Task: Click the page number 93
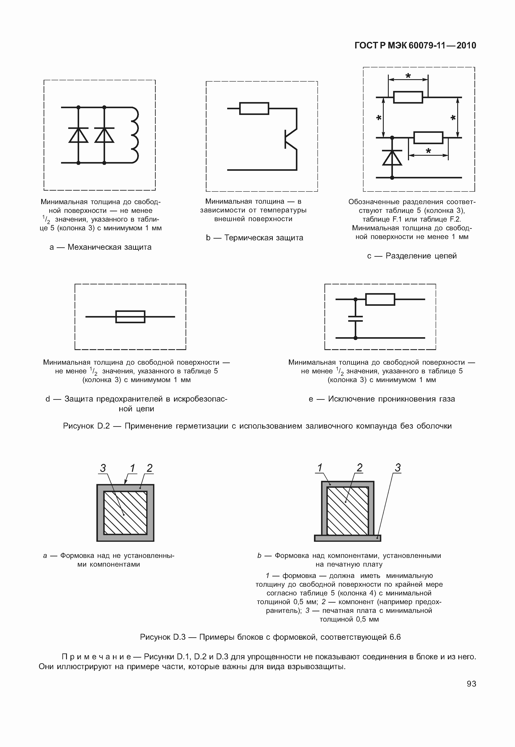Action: (471, 684)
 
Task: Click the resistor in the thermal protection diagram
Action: (254, 108)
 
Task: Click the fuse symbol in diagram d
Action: (130, 317)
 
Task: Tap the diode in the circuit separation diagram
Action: (392, 158)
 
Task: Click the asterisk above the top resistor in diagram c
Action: (408, 76)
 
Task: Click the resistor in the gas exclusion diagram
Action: (380, 299)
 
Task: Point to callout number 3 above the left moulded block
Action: (103, 468)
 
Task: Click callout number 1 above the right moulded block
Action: (320, 467)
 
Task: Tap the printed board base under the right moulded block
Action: (348, 538)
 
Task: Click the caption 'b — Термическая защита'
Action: (255, 238)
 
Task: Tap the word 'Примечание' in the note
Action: (96, 657)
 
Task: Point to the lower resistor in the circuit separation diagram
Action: (428, 138)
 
